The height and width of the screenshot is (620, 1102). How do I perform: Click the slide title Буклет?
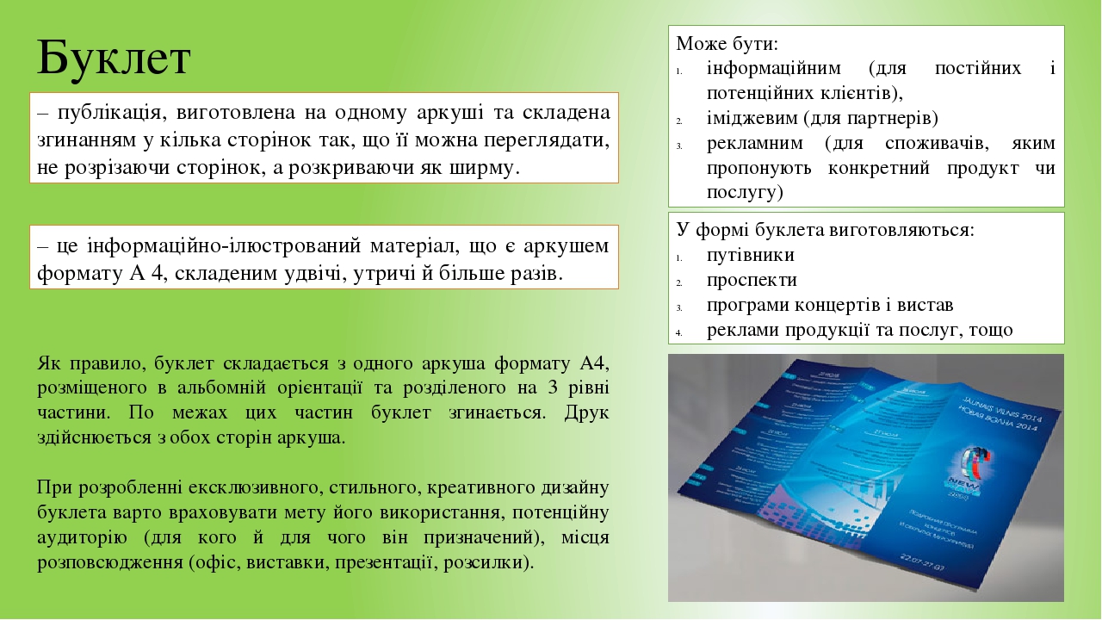tap(114, 58)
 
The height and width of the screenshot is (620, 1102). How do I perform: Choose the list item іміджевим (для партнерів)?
tap(821, 118)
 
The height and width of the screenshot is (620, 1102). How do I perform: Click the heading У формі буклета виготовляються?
tap(826, 230)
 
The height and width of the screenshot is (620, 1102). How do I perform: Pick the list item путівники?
tap(750, 255)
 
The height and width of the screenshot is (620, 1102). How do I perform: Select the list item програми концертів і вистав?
tap(830, 305)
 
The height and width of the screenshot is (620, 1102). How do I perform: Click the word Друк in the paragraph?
tap(586, 412)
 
